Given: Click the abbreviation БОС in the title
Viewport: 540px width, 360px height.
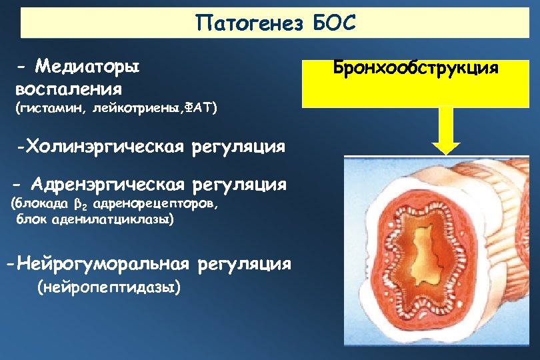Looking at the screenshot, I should tap(335, 23).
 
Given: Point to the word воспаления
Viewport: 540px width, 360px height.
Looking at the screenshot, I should tap(69, 88).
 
